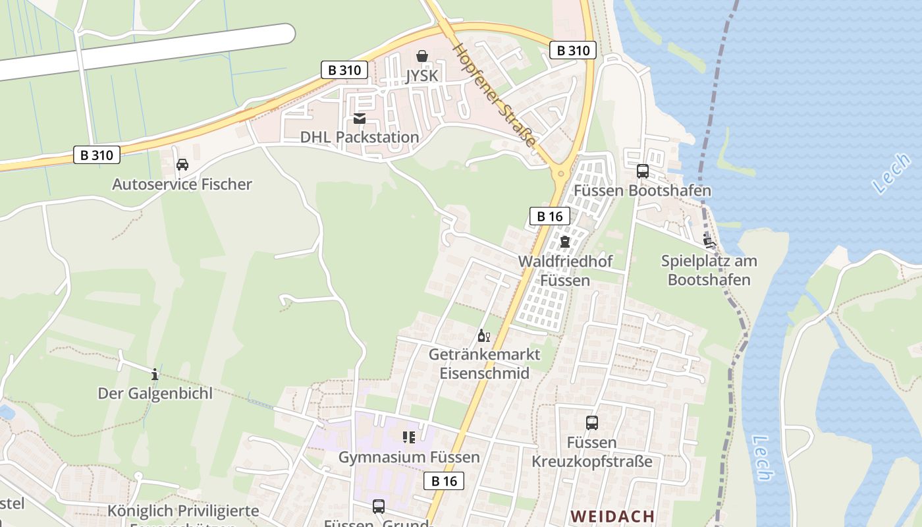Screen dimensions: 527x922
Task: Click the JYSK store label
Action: pos(421,76)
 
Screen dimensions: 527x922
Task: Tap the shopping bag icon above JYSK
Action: pos(421,56)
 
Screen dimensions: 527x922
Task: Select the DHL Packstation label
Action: pos(360,137)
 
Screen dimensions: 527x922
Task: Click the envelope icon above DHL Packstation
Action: pos(360,119)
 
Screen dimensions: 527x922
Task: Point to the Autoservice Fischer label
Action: pos(182,184)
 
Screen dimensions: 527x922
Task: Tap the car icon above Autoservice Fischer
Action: pos(182,165)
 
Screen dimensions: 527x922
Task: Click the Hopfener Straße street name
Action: pos(495,96)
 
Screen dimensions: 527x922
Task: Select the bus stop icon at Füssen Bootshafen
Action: pos(643,171)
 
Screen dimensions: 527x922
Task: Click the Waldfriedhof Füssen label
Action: pos(565,270)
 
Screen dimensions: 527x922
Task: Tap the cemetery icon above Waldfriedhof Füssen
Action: pos(565,241)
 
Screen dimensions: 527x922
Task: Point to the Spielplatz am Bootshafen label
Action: pos(709,270)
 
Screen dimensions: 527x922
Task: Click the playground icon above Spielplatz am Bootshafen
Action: pos(709,241)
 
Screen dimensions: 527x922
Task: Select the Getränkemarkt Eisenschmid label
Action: pos(484,364)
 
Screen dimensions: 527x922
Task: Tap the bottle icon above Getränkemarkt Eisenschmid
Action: pos(484,336)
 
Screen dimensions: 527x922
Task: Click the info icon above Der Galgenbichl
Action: pos(155,374)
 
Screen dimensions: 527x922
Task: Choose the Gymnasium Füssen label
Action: pos(409,457)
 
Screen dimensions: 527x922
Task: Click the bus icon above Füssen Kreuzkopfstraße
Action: pos(592,423)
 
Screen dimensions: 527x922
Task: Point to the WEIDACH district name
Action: pos(612,516)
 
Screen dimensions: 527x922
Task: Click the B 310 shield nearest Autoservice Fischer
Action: pos(97,155)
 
